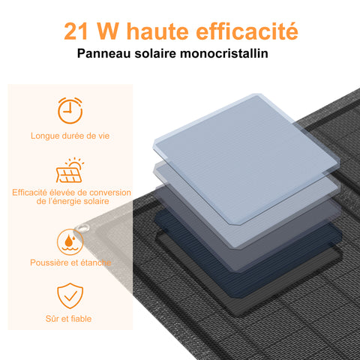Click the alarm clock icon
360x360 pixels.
pyautogui.click(x=70, y=110)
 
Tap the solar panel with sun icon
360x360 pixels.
pyautogui.click(x=70, y=170)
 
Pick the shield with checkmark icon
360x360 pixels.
pyautogui.click(x=70, y=295)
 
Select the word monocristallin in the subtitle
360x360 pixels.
pyautogui.click(x=225, y=55)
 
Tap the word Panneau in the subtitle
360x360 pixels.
pyautogui.click(x=102, y=55)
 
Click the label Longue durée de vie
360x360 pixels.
pyautogui.click(x=70, y=136)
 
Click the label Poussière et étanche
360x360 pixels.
pyautogui.click(x=70, y=262)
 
